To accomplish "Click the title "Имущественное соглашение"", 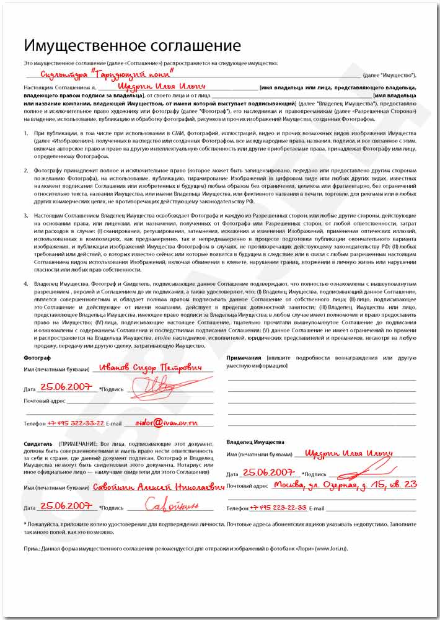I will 132,45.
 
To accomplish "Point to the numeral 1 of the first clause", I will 26,133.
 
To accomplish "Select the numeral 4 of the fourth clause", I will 26,283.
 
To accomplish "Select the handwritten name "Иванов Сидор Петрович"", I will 151,368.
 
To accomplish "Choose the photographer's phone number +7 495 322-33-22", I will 76,423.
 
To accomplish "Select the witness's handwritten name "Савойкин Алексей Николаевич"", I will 158,487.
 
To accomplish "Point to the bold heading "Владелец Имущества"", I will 255,442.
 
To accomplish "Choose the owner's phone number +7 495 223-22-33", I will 278,507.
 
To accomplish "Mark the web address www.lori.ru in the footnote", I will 331,549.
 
